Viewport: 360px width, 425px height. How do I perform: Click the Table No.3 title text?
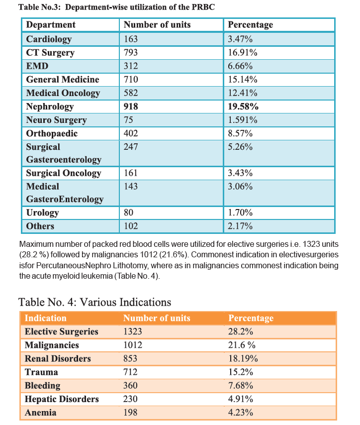coord(116,7)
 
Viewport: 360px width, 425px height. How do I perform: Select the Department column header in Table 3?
coord(51,25)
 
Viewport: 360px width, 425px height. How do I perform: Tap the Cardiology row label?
coord(49,39)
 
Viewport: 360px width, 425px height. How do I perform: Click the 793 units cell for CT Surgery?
coord(131,52)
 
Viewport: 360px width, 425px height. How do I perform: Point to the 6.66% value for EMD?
coord(240,66)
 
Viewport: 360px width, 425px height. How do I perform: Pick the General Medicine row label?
coord(63,80)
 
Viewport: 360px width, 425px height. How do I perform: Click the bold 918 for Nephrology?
coord(131,106)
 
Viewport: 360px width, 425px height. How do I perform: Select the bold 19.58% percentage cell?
coord(243,106)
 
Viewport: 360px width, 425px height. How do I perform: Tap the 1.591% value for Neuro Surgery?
coord(243,120)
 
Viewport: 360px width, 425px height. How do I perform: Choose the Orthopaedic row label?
coord(52,134)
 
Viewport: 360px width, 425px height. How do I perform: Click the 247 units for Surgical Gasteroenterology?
coord(131,147)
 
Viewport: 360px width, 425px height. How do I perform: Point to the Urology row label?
coord(42,213)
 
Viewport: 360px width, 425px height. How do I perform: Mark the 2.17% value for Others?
coord(240,226)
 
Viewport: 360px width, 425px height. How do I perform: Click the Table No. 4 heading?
coord(95,302)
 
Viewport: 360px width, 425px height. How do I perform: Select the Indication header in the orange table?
coord(46,318)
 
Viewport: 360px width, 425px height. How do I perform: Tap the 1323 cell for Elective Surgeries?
coord(133,331)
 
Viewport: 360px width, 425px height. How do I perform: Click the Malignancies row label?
coord(52,345)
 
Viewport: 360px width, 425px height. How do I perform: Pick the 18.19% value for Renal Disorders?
coord(243,359)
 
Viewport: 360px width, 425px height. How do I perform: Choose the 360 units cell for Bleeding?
coord(130,385)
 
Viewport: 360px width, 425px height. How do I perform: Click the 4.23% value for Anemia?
coord(241,413)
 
